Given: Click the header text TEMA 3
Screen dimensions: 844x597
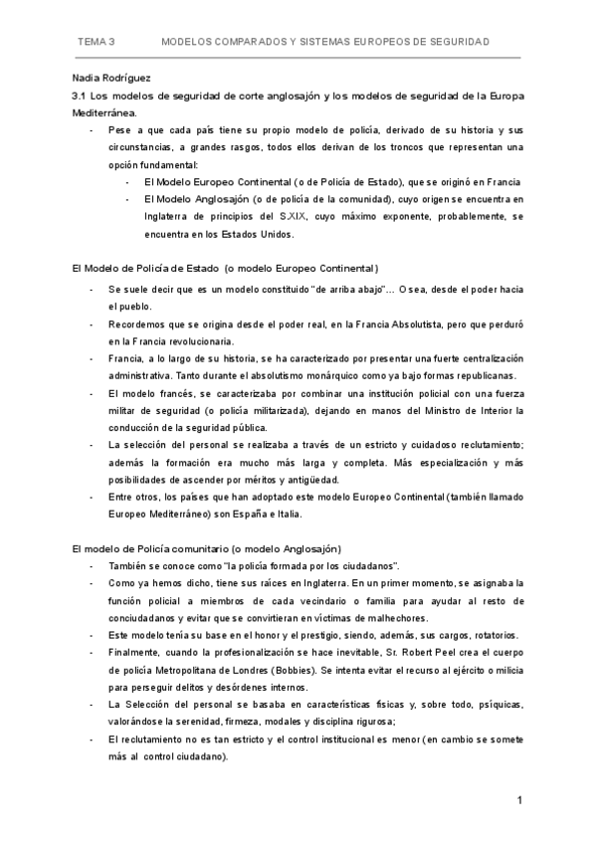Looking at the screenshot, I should click(x=98, y=43).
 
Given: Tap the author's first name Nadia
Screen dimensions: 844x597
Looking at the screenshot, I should click(x=89, y=78).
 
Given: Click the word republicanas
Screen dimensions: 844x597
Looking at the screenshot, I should click(x=402, y=375).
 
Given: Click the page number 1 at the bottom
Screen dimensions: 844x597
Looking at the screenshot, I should click(x=519, y=799).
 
